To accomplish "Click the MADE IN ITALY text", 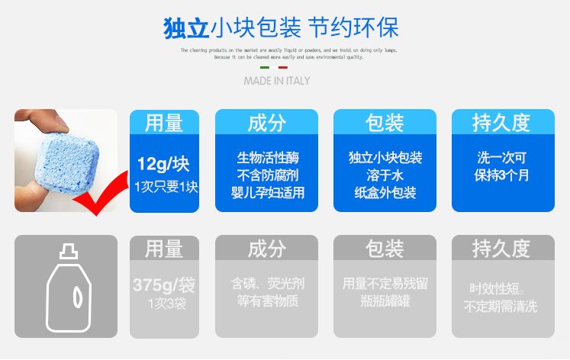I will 277,80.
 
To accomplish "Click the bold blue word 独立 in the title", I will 186,28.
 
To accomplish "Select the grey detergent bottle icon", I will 66,286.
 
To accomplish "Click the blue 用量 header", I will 164,122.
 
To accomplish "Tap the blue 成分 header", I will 267,122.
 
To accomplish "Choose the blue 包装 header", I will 385,122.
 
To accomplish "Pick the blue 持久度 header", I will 501,122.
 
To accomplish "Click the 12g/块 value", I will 163,163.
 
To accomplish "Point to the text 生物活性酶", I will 267,158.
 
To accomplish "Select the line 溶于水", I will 385,175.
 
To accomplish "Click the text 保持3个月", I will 502,175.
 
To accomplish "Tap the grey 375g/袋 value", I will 163,285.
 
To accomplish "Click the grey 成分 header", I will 267,248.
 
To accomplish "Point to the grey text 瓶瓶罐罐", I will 385,301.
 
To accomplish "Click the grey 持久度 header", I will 501,248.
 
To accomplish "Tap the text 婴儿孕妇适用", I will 267,193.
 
